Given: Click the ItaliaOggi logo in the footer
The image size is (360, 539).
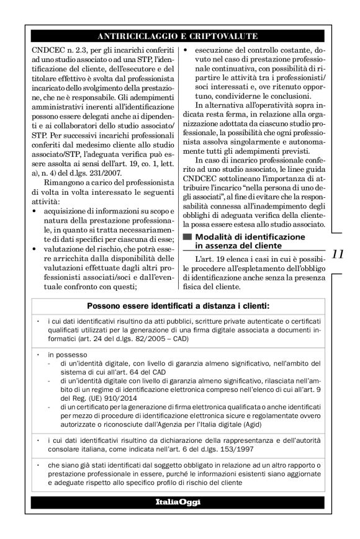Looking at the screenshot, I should click(x=180, y=502).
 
